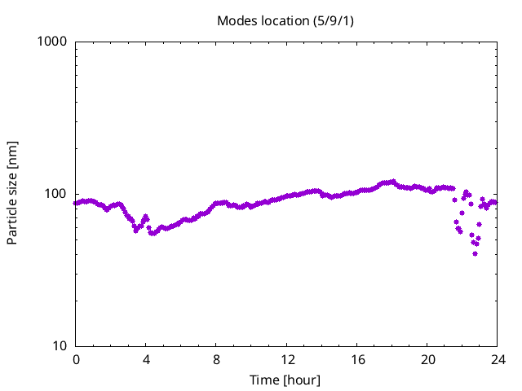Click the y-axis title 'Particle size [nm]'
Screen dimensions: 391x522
click(12, 193)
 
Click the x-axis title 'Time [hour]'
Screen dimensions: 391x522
click(285, 380)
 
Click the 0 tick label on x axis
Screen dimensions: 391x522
click(76, 360)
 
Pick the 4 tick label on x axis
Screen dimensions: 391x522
click(146, 360)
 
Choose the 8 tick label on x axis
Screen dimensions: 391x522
click(216, 360)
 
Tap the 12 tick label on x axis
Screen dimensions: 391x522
click(287, 360)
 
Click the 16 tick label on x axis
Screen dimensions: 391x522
click(357, 360)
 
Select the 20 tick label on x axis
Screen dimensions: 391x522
click(427, 360)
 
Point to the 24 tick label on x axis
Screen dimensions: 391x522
click(498, 360)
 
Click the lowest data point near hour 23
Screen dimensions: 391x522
click(475, 253)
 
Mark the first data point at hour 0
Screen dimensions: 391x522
click(76, 203)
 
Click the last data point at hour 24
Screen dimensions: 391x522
click(495, 202)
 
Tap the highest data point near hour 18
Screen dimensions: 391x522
click(393, 182)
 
